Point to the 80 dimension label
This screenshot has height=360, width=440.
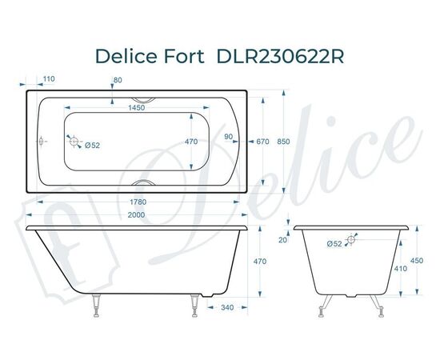click(x=118, y=79)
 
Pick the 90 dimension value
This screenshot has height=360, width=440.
click(x=229, y=136)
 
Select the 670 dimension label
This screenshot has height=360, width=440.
click(x=261, y=142)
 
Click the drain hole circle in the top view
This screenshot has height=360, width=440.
click(x=75, y=143)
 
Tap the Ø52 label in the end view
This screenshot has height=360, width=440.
click(x=335, y=243)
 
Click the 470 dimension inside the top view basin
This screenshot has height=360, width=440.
click(x=191, y=142)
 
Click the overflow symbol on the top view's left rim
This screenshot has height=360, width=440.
click(x=42, y=142)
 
